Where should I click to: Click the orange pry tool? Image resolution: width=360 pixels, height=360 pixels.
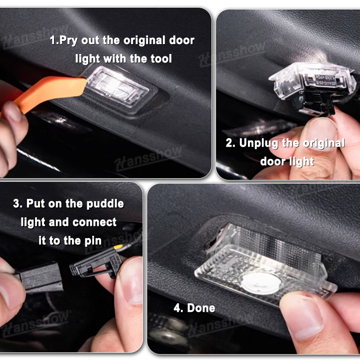point(50,92)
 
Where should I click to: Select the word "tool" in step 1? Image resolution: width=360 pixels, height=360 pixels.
point(161,58)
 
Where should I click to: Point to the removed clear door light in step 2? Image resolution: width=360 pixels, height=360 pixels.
point(312,81)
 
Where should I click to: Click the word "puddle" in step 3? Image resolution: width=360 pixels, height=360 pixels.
point(105,204)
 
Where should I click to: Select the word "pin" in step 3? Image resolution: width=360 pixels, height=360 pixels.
point(93,241)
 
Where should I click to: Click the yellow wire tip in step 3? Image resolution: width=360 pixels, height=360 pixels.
point(118,247)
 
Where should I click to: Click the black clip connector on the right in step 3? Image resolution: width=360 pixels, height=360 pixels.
point(96,264)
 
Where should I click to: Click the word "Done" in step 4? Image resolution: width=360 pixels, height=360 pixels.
point(201,308)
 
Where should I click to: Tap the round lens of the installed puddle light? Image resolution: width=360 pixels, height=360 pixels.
point(261,283)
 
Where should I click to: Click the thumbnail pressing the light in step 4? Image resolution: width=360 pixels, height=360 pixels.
point(303,315)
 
